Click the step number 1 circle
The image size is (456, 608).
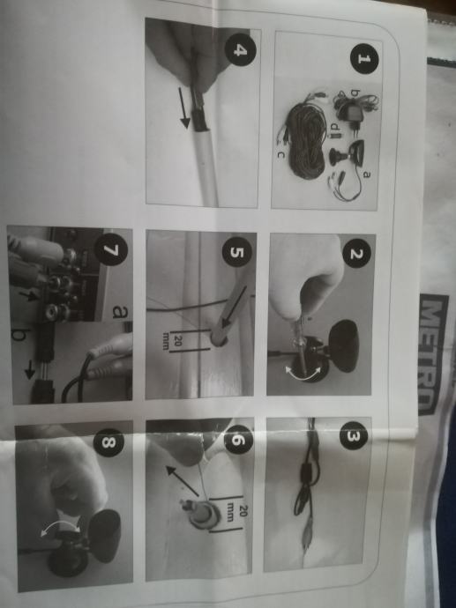coord(363,58)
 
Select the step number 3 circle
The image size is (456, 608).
coord(353,435)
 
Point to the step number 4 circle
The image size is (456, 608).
coord(241,50)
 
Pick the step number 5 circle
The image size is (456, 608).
coord(236,252)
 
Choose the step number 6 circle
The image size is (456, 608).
coord(239,440)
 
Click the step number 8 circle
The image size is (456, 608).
coord(108,443)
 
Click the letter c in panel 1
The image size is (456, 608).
coord(280,155)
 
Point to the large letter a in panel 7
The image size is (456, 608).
coord(117,312)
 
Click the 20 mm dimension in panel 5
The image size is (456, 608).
coord(174,340)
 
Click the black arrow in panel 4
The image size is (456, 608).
coord(185,108)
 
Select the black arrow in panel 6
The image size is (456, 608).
coord(183,481)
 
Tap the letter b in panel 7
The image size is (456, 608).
coord(19,334)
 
